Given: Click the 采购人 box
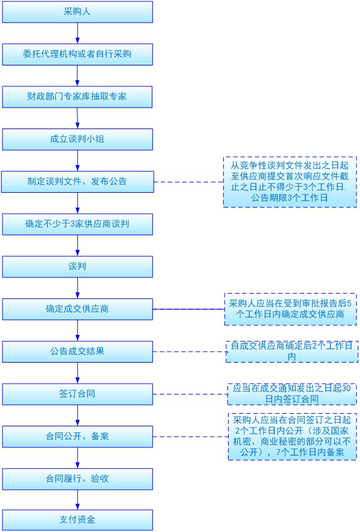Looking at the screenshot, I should pyautogui.click(x=77, y=11).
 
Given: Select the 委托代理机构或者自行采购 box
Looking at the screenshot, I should pyautogui.click(x=77, y=54).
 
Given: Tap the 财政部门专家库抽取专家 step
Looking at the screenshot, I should pyautogui.click(x=77, y=96).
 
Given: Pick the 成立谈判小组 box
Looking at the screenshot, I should pyautogui.click(x=77, y=139).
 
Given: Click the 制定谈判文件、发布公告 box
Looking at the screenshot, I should pyautogui.click(x=77, y=181).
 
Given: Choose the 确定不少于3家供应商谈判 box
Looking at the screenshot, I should pyautogui.click(x=77, y=223).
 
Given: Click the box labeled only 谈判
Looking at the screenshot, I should pyautogui.click(x=77, y=265).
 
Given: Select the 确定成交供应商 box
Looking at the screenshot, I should pyautogui.click(x=77, y=309).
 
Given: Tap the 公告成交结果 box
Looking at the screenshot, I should pyautogui.click(x=77, y=351).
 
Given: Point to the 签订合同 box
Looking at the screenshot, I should pyautogui.click(x=77, y=394).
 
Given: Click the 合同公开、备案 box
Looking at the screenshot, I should pyautogui.click(x=77, y=437).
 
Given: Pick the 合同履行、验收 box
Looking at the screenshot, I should pyautogui.click(x=77, y=479).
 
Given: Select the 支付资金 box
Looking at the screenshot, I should pyautogui.click(x=77, y=519).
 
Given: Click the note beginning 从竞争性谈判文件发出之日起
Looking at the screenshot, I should pyautogui.click(x=290, y=181).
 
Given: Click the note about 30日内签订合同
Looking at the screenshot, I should pyautogui.click(x=292, y=394).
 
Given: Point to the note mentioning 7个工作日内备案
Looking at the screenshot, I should pyautogui.click(x=292, y=437).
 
